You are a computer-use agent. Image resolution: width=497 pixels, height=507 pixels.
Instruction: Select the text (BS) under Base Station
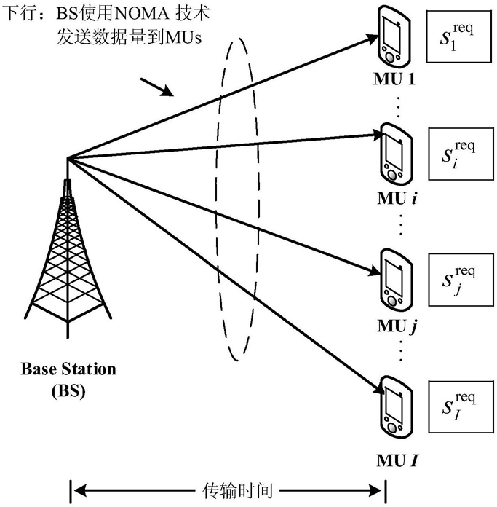click(68, 390)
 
